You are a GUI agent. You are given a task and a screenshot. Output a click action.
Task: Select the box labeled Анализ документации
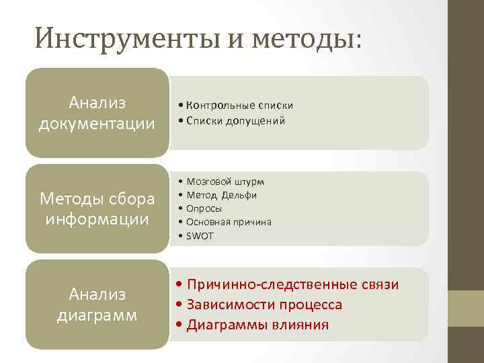[97, 113]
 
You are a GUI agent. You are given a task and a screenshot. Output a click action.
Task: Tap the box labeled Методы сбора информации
[97, 208]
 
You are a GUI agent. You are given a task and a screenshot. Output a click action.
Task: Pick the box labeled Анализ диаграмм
[97, 305]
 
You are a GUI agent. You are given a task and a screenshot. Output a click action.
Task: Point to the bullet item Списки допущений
[232, 121]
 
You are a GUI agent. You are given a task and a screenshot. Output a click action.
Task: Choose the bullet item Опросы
[204, 208]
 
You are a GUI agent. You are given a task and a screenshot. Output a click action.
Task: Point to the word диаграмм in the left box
[97, 315]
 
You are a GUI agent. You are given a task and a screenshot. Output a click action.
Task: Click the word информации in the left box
[97, 218]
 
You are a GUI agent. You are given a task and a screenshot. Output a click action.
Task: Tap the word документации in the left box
[97, 124]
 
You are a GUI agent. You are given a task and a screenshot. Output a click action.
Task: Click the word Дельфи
[239, 195]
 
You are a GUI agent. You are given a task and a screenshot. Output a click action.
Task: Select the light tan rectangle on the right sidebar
[467, 308]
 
